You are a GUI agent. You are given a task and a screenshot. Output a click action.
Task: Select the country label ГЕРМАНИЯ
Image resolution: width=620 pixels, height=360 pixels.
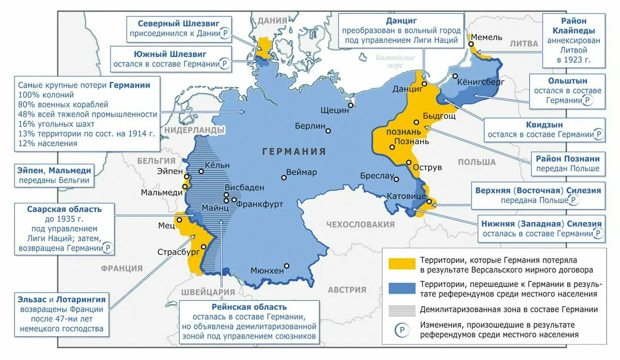pos(294,151)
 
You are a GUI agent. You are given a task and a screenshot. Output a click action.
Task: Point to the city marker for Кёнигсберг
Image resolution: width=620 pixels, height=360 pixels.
pos(455,76)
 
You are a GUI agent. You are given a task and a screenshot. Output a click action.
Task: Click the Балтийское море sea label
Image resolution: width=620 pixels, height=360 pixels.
pos(396,61)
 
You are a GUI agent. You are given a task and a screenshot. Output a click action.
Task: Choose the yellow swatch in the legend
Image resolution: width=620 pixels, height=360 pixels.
pos(401,264)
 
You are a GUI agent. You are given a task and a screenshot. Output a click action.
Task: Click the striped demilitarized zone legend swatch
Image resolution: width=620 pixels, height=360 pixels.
pos(401,310)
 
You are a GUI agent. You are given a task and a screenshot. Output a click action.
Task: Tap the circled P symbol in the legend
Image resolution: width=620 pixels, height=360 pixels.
pos(401,329)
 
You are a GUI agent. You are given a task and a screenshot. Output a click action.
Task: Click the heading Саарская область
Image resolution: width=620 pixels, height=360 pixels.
pos(64,209)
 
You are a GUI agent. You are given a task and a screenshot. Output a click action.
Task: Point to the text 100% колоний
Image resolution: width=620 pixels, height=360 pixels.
pos(46,95)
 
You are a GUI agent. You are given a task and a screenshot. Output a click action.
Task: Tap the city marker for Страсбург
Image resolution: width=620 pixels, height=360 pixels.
pos(204,246)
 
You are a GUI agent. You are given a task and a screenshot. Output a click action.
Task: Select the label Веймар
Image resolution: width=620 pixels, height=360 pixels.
pos(302,172)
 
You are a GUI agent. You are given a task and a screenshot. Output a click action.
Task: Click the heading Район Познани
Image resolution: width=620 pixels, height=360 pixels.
pos(567,159)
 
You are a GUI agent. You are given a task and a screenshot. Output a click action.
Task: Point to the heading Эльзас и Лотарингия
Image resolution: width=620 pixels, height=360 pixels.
pos(61,299)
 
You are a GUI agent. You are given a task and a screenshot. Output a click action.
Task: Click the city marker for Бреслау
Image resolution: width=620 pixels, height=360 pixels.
pos(397,180)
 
